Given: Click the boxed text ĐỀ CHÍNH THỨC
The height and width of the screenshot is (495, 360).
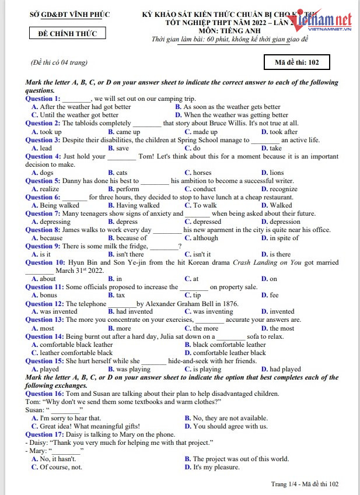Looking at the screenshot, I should tap(67, 33).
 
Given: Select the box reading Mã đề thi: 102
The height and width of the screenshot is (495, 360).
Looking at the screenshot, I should tap(297, 62).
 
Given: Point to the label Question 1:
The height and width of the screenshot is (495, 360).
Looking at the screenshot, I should tap(43, 99).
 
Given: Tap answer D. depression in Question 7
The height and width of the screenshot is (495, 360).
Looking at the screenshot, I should tap(281, 222).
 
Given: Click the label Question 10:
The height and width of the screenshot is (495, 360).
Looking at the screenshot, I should tap(45, 262).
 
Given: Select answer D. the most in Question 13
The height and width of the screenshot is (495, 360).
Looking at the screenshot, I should tap(277, 328).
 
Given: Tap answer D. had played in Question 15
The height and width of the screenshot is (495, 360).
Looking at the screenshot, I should tap(281, 369).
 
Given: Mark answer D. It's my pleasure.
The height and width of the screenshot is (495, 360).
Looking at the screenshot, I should tap(212, 467).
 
